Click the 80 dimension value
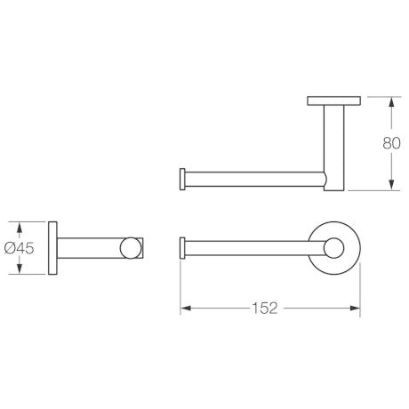pos(391,143)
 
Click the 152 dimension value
pos(265,309)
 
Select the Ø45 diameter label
pos(20,248)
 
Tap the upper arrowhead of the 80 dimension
pos(391,102)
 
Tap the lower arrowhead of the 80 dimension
pos(391,184)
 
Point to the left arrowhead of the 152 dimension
pos(186,309)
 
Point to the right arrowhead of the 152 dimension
pos(355,309)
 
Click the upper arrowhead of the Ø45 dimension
pos(20,228)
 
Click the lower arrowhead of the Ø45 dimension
pos(20,269)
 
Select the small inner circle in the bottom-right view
pos(333,248)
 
